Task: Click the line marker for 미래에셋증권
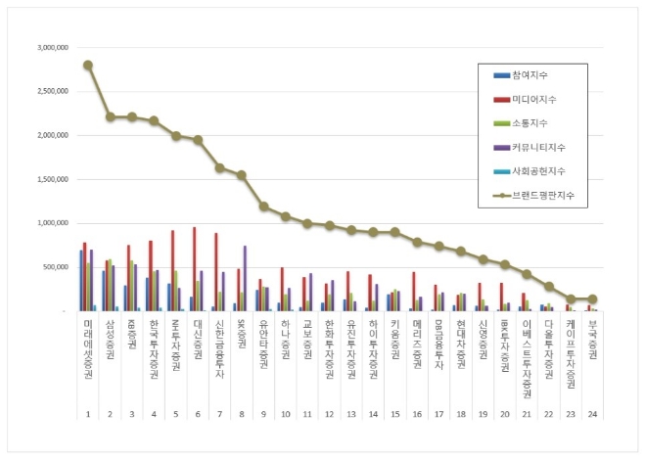coord(88,65)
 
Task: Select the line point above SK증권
coord(242,175)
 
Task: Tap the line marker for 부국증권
coord(591,299)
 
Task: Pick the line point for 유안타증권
coord(263,207)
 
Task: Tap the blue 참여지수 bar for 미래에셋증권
coord(81,281)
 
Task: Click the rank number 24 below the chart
coord(591,413)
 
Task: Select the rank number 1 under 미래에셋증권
coord(88,413)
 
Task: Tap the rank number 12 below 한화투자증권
coord(328,413)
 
